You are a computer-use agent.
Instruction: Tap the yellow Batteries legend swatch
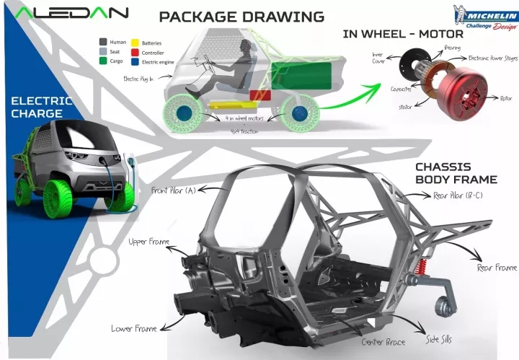pos(136,43)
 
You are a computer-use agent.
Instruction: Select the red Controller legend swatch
pos(136,53)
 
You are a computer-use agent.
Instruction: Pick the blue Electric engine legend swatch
pos(136,63)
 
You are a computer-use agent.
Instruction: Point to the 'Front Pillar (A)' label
pos(172,191)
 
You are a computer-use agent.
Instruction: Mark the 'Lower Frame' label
pos(133,329)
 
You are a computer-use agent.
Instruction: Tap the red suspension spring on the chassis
pos(418,281)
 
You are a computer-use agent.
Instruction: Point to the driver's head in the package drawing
pos(247,45)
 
